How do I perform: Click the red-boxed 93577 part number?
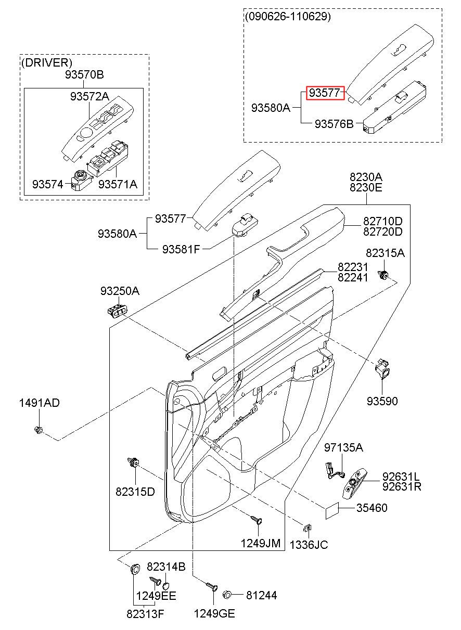325,93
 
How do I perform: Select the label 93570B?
84,75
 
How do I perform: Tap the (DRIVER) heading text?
47,62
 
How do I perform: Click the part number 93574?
47,185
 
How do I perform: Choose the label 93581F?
181,249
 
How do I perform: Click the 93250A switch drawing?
118,311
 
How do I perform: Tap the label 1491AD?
40,403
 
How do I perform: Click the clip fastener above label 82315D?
133,461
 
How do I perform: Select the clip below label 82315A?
383,274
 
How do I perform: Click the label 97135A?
343,447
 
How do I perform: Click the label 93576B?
334,124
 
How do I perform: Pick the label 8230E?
366,187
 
